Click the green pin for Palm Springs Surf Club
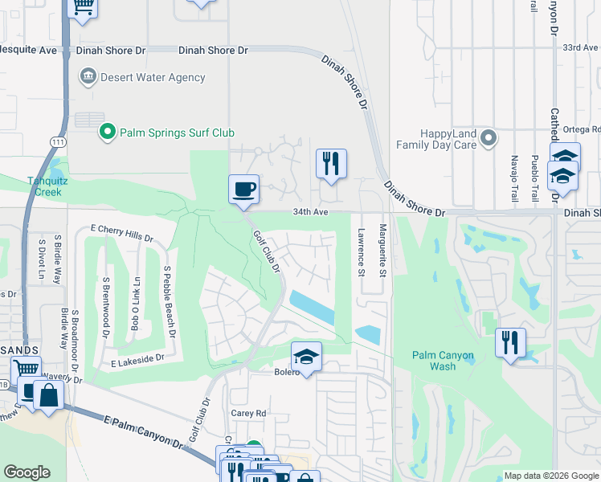[x=106, y=132]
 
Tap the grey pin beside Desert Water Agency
[x=88, y=78]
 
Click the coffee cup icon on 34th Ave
[x=244, y=190]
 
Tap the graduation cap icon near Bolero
[x=305, y=357]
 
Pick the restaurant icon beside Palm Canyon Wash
[x=510, y=343]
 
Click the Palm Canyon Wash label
[x=443, y=361]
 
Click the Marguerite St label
[x=383, y=251]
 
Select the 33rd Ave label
[x=581, y=48]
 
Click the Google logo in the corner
[x=27, y=472]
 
